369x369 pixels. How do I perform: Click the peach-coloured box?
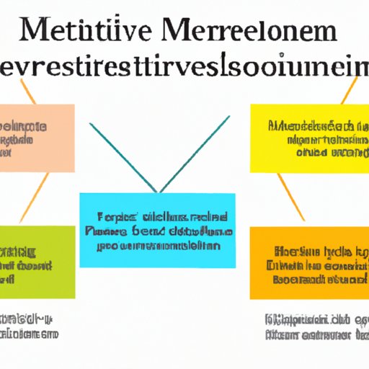click(36, 137)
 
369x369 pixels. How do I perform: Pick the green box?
click(36, 262)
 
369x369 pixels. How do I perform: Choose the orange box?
click(309, 262)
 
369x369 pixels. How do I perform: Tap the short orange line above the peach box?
click(27, 91)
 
